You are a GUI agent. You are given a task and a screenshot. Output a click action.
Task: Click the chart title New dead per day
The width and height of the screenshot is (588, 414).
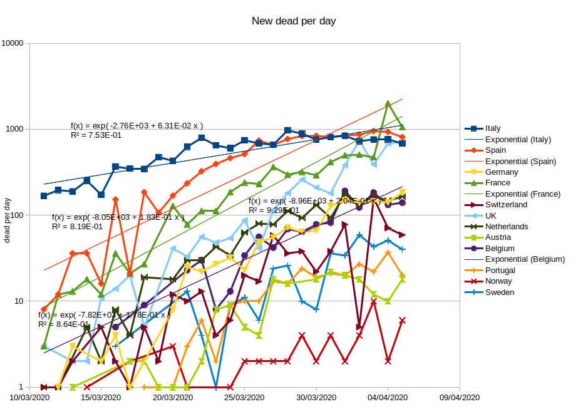point(294,21)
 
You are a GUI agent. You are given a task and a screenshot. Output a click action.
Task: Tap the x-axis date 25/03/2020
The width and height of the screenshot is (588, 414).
point(245,398)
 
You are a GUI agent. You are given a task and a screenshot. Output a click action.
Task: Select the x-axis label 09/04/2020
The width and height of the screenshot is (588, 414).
point(459,398)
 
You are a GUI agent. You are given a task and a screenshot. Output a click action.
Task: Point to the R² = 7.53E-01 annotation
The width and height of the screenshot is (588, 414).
point(96,135)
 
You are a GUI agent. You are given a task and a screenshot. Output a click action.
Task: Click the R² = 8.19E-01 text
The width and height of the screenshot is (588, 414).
point(77,226)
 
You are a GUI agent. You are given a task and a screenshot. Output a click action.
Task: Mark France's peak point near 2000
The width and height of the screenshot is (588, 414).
point(388,103)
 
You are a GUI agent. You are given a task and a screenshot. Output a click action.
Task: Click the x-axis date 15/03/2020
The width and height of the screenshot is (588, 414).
point(101,398)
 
